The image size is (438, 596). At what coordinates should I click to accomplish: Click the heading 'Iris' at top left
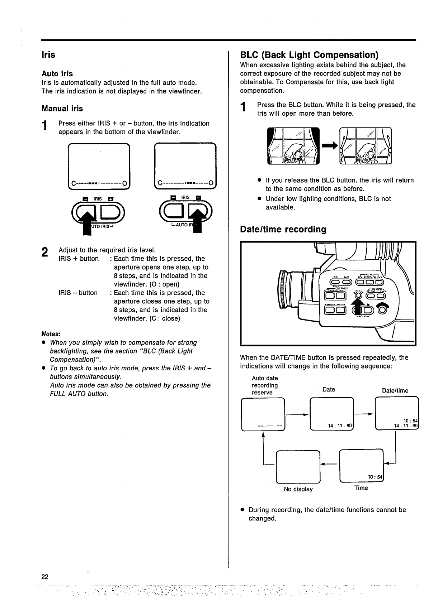pos(48,55)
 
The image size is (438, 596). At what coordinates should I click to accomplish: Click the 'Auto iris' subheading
pos(57,74)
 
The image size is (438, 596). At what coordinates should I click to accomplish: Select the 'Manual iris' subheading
pos(62,109)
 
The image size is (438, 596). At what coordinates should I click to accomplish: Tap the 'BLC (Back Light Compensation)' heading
pos(309,55)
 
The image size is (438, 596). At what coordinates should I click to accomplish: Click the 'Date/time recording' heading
pos(283,229)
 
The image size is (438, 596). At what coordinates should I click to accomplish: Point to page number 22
pos(45,576)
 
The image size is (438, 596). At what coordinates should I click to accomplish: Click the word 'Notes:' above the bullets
pos(51,334)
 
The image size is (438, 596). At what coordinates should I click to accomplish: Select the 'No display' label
pos(298,489)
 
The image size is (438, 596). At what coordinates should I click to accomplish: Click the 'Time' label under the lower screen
pos(361,488)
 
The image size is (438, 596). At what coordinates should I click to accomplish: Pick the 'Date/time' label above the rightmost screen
pos(395,390)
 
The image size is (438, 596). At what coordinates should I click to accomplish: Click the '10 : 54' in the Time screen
pos(376,477)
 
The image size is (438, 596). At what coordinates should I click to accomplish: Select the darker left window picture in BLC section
pos(294,145)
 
